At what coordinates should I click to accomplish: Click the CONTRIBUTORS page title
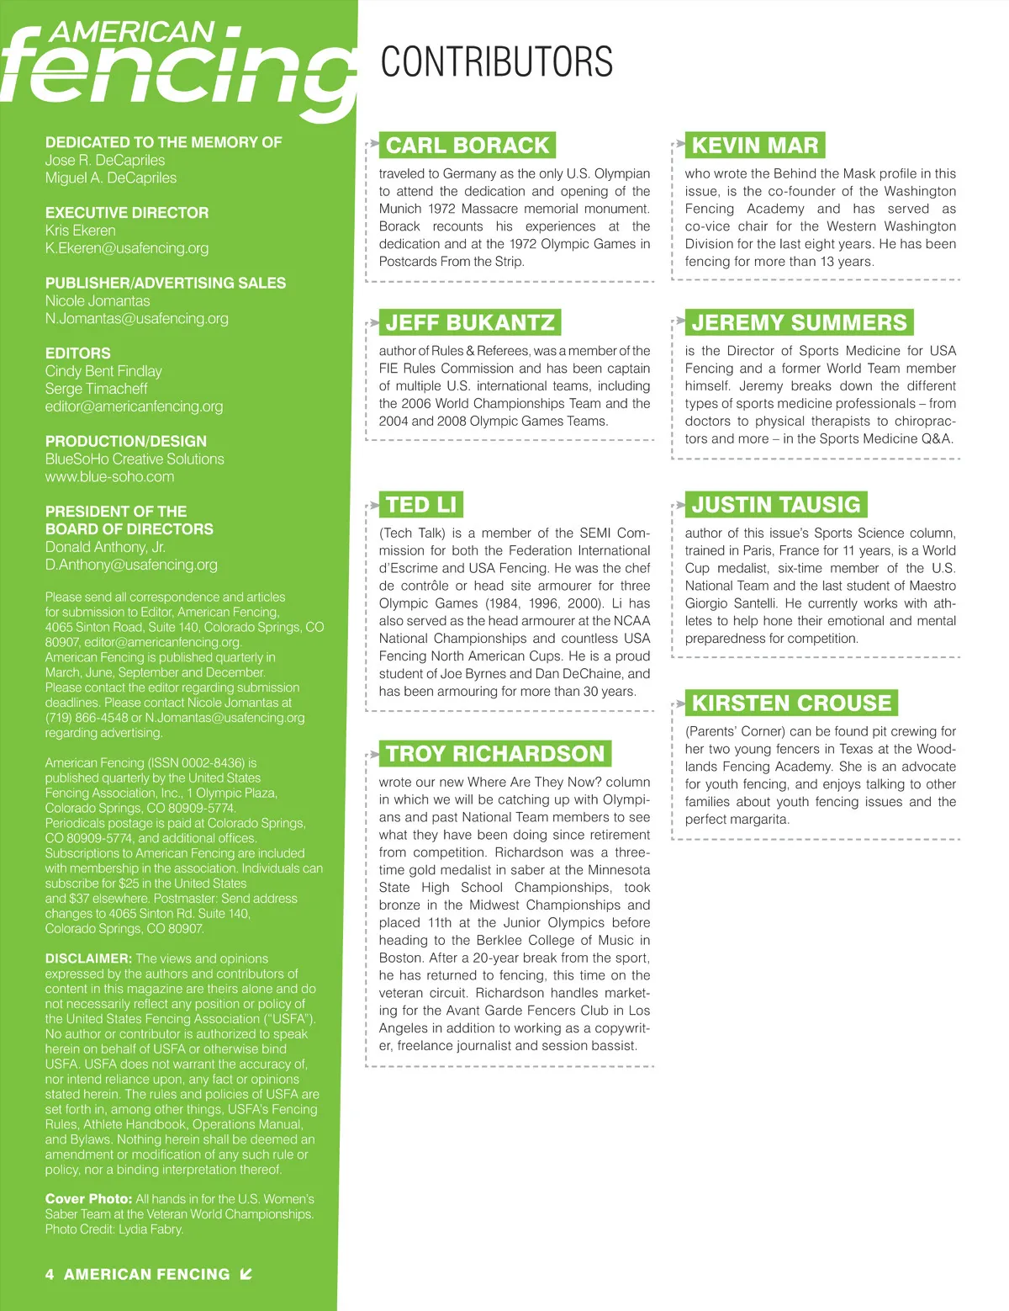tap(496, 63)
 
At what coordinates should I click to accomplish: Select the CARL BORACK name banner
tap(467, 146)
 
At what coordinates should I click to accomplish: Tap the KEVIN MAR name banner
tap(754, 146)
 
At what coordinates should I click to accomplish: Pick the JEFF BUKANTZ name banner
tap(469, 323)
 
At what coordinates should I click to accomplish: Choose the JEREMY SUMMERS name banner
tap(799, 323)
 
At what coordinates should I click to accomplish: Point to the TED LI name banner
tap(420, 505)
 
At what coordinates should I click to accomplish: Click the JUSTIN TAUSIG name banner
tap(775, 505)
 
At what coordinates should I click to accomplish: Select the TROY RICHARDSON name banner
tap(494, 754)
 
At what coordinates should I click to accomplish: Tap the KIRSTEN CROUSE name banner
tap(790, 703)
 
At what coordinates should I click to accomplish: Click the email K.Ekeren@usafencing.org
tap(127, 248)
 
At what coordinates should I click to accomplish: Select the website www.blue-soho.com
tap(110, 477)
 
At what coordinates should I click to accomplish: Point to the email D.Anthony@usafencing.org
tap(131, 565)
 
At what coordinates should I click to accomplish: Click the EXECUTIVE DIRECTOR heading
tap(127, 213)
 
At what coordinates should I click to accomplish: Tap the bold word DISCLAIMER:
tap(88, 958)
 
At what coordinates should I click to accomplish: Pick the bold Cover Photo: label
tap(88, 1199)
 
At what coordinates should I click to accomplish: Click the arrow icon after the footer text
tap(246, 1274)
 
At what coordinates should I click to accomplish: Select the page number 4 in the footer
tap(50, 1275)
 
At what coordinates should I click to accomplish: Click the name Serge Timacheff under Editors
tap(96, 389)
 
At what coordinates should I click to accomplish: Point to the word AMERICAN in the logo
tap(133, 32)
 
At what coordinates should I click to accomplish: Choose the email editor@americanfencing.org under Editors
tap(135, 406)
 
